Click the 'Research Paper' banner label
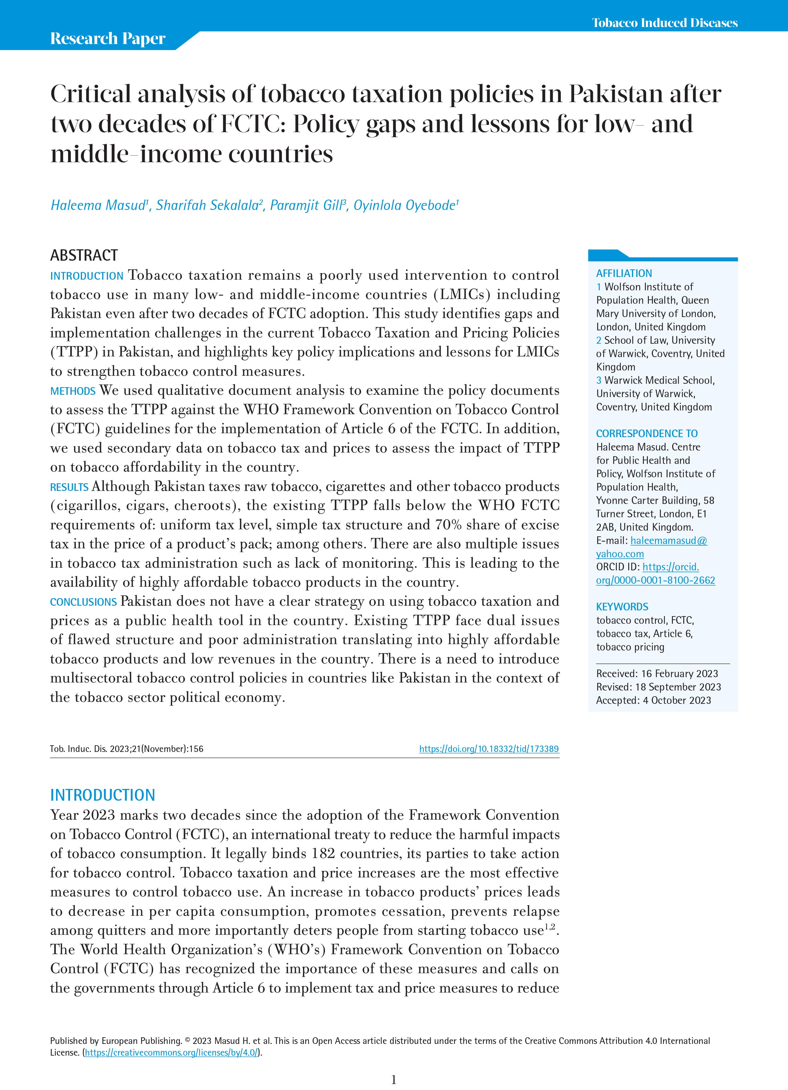click(x=108, y=38)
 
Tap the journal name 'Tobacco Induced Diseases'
click(x=665, y=23)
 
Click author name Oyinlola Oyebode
click(x=404, y=205)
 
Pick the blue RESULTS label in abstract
click(x=69, y=487)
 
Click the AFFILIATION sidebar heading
click(x=624, y=273)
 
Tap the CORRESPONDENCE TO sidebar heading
click(x=647, y=434)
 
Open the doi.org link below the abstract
click(x=489, y=749)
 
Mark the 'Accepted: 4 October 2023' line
click(x=654, y=700)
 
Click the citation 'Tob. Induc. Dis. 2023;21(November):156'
click(x=127, y=749)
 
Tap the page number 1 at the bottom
click(x=394, y=1080)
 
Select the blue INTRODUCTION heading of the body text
click(x=103, y=795)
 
